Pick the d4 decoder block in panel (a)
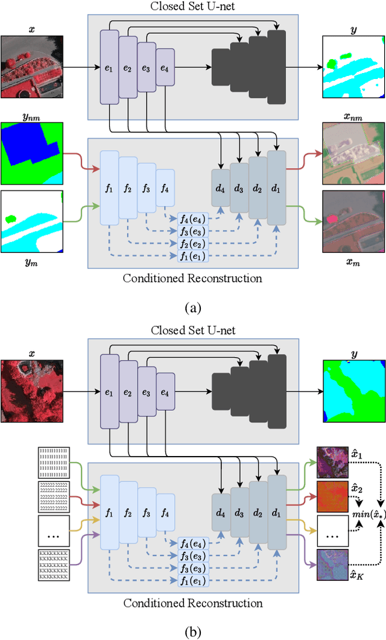221,192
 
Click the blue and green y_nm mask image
32,154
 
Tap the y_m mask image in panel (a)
32,221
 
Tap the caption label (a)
192,308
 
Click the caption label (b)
192,631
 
